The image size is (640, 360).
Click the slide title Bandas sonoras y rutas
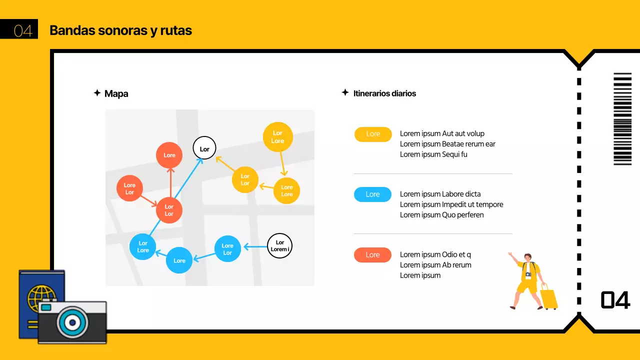tap(120, 30)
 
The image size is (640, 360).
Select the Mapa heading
tap(116, 93)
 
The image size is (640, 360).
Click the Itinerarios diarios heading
tap(384, 93)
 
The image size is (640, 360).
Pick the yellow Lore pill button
tap(373, 134)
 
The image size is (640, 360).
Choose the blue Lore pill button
tap(372, 194)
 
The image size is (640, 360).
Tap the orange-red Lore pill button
tap(372, 255)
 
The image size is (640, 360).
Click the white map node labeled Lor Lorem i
tap(279, 246)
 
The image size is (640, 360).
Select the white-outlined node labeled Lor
tap(204, 148)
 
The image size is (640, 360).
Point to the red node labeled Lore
tap(169, 155)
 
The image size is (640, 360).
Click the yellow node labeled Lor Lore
tap(277, 136)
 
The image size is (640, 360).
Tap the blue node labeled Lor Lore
tap(143, 246)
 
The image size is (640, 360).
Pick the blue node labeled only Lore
tap(179, 260)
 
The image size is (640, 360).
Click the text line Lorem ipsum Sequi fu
tap(433, 154)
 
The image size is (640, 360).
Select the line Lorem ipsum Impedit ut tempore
tap(451, 204)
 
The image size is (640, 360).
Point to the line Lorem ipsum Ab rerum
tap(435, 265)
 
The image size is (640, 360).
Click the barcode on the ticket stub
tap(622, 119)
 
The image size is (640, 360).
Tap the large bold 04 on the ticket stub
tap(615, 300)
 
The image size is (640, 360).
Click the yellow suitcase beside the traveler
tap(548, 297)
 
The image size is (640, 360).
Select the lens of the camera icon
tap(72, 323)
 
